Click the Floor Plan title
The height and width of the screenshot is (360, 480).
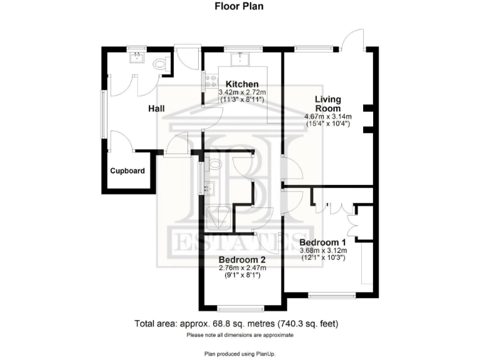pyautogui.click(x=239, y=7)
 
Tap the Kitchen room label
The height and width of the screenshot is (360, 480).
pyautogui.click(x=242, y=84)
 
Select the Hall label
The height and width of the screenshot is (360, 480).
pyautogui.click(x=156, y=109)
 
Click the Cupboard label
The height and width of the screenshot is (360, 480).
pyautogui.click(x=127, y=171)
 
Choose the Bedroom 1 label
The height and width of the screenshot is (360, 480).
pyautogui.click(x=322, y=242)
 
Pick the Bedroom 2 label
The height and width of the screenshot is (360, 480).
pyautogui.click(x=242, y=260)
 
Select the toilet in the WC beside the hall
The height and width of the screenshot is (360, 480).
pyautogui.click(x=160, y=64)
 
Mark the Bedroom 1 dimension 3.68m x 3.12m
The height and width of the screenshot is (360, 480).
pyautogui.click(x=322, y=251)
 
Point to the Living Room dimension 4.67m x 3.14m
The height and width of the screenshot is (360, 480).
pyautogui.click(x=327, y=116)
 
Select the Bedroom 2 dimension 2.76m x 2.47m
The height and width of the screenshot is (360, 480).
pyautogui.click(x=242, y=268)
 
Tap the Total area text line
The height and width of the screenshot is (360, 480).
pyautogui.click(x=239, y=324)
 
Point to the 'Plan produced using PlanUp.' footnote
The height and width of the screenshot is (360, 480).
pyautogui.click(x=239, y=354)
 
